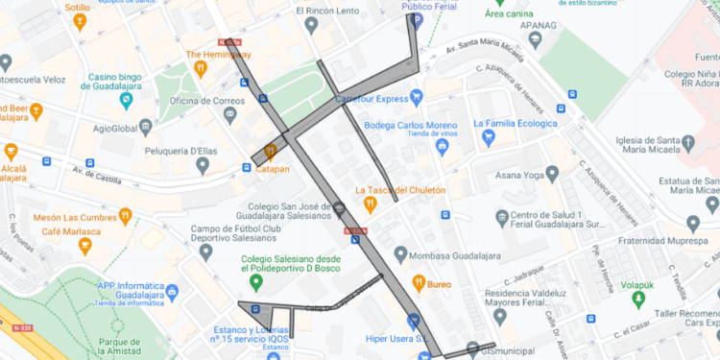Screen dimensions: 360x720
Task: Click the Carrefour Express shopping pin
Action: [x=417, y=97]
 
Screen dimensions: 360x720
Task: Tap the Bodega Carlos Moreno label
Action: [x=411, y=126]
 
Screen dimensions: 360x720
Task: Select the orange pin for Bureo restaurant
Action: [x=419, y=283]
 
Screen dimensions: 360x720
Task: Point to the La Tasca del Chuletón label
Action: [x=400, y=190]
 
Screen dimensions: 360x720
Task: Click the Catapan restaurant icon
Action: [x=270, y=151]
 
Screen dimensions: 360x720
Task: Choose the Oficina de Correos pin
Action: [x=229, y=115]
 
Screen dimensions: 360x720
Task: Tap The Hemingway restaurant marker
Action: [x=201, y=69]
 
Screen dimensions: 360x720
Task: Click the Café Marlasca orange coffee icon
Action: [x=84, y=247]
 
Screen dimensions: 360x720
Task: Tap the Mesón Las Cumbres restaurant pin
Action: [x=125, y=216]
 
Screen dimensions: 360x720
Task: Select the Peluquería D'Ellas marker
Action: [x=202, y=166]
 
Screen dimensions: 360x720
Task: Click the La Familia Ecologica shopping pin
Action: [x=488, y=138]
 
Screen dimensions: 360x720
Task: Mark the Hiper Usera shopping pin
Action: [x=413, y=321]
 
